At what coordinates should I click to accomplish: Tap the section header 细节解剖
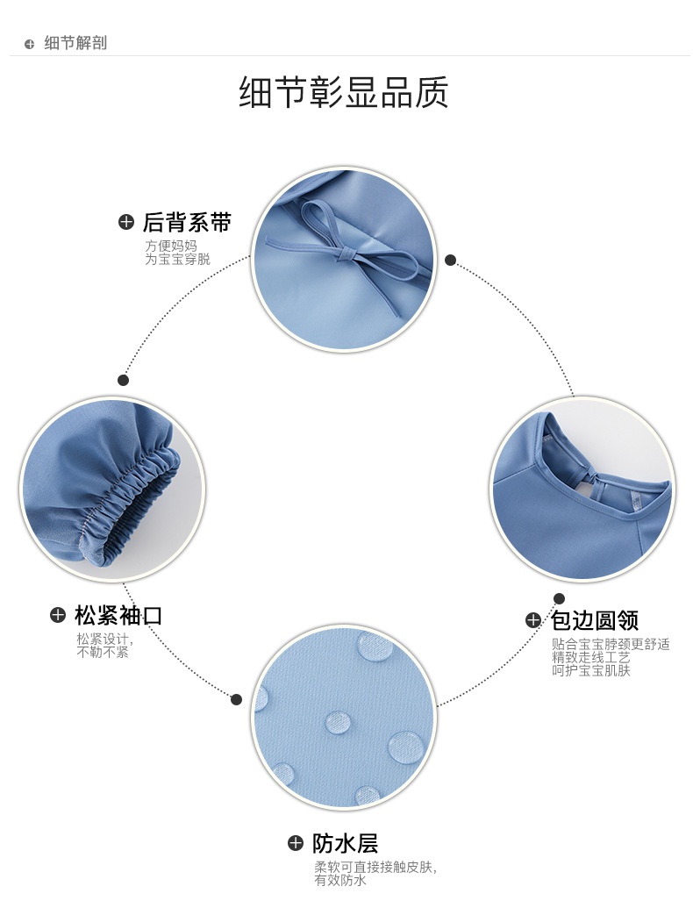75,43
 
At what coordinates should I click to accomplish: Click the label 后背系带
187,223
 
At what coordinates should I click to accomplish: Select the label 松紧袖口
118,615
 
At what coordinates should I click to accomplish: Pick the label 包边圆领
594,620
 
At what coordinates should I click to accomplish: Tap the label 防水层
345,844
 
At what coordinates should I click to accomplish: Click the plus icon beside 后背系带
126,223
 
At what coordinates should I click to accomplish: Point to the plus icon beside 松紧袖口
58,615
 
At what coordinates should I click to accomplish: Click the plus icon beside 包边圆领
532,620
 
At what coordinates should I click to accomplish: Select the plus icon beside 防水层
296,844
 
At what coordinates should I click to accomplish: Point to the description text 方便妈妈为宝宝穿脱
177,253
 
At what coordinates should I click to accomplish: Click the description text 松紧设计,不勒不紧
103,645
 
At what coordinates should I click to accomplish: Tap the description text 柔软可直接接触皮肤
375,867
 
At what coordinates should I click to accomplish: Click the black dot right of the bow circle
450,260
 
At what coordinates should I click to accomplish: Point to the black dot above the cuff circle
123,380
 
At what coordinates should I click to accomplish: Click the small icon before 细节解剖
29,44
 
